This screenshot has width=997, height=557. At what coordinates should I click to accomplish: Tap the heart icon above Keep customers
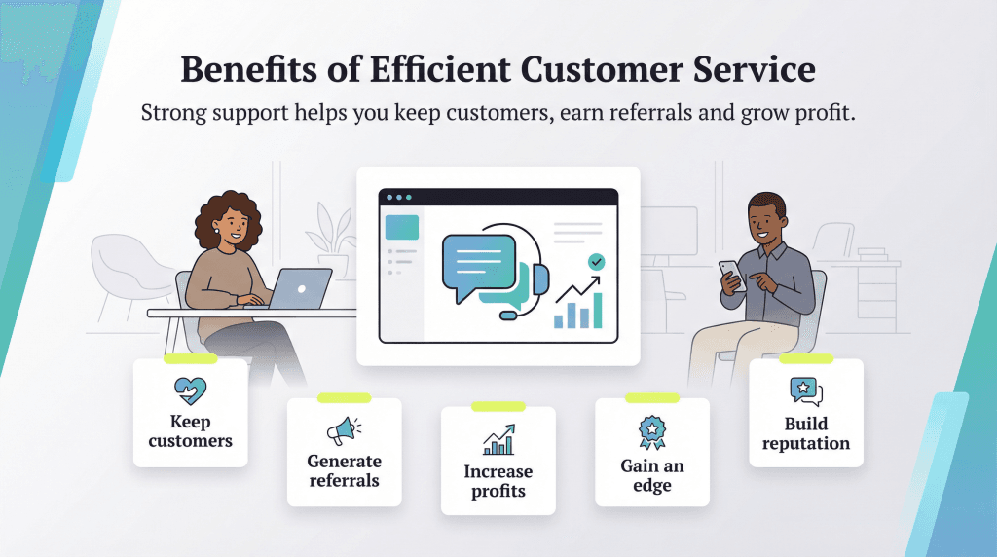190,391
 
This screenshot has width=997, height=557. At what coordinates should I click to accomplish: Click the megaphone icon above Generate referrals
344,430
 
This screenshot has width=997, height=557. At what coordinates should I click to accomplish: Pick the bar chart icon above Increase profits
498,440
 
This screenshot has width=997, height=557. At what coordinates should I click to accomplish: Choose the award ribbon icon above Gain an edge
651,429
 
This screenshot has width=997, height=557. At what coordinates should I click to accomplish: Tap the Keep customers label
190,431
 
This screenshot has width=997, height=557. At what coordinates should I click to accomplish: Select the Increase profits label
498,481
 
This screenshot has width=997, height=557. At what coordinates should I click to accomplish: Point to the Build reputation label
805,433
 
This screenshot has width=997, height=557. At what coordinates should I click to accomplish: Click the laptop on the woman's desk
300,289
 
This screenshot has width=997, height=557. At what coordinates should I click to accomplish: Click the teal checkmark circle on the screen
596,262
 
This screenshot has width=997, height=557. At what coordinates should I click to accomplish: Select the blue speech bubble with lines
476,261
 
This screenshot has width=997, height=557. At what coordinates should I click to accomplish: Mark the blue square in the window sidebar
402,227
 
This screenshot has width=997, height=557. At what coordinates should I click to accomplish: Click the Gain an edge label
651,475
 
